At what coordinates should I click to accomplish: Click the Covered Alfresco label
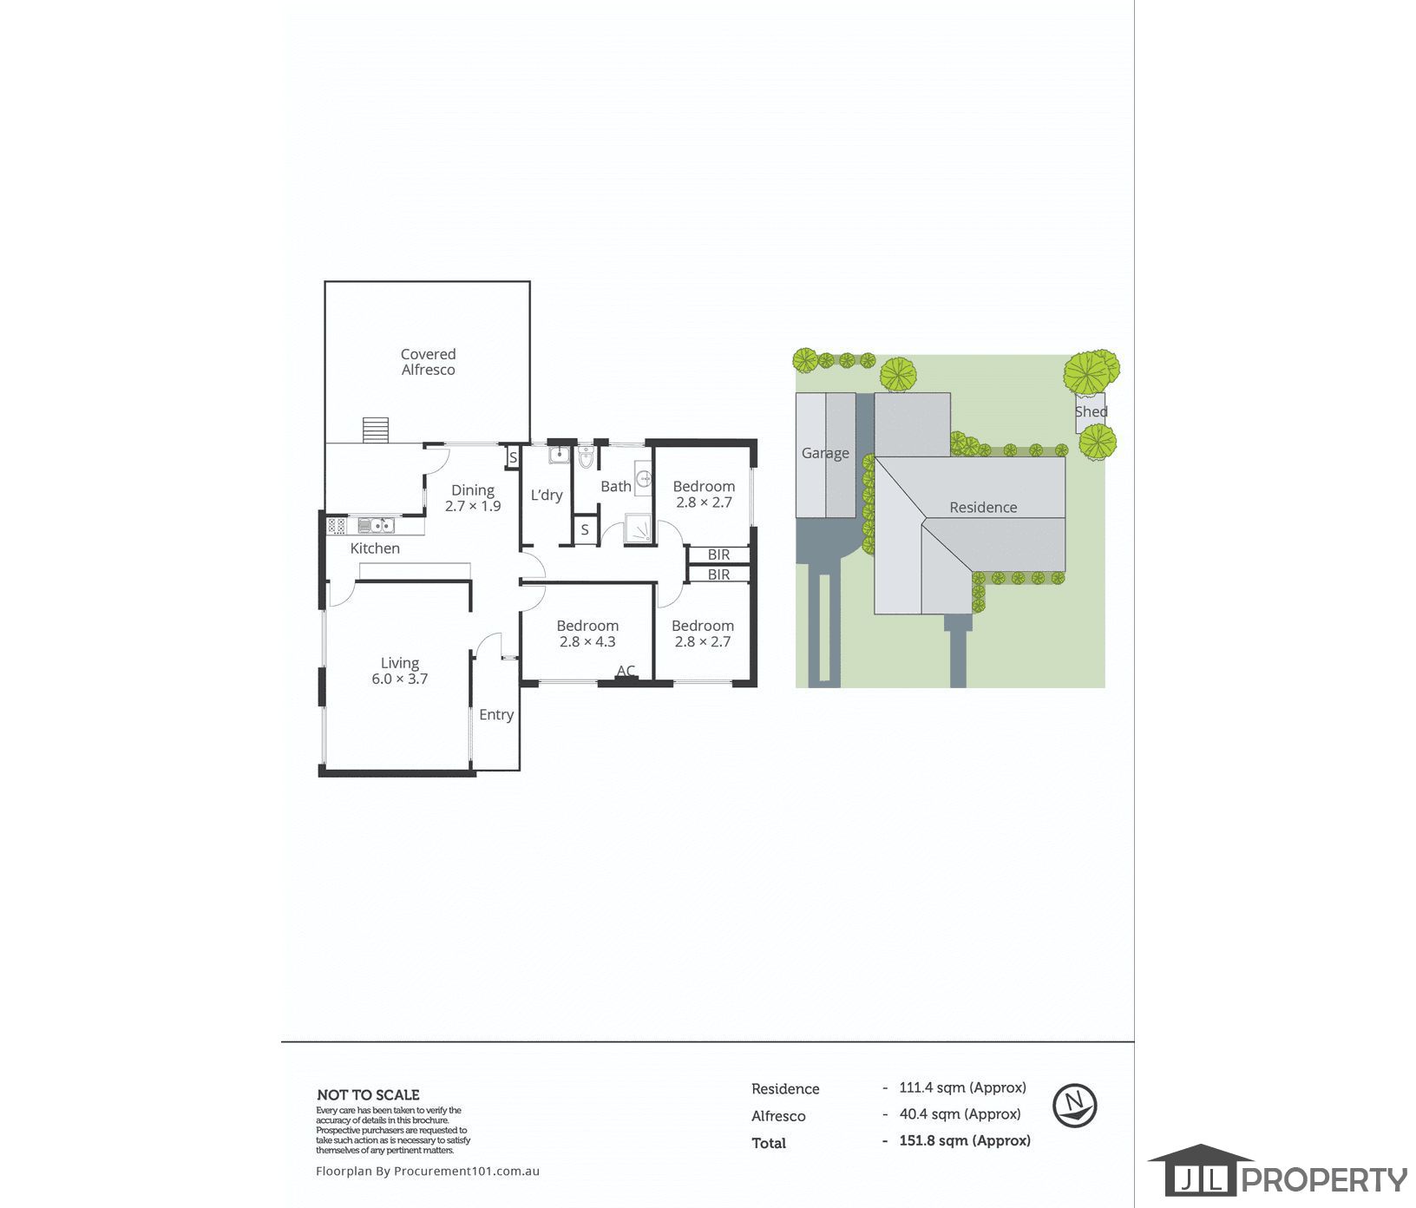coord(428,362)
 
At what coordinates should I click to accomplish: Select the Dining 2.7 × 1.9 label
coord(473,498)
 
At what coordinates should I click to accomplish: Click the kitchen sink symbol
coord(376,525)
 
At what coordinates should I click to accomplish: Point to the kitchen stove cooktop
coord(337,525)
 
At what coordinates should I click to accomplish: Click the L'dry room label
coord(547,496)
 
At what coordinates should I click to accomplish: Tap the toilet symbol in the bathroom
coord(586,456)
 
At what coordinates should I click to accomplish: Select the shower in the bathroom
coord(638,528)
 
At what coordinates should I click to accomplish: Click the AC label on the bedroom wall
coord(626,671)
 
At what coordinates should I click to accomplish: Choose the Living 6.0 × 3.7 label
coord(400,671)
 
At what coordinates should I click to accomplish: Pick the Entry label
coord(496,715)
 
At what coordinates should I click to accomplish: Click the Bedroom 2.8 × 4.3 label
coord(587,634)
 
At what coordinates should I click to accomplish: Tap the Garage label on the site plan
coord(825,453)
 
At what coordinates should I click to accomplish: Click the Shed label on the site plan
coord(1091,412)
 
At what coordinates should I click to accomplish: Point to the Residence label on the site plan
coord(983,508)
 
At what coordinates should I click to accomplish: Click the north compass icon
coord(1075,1106)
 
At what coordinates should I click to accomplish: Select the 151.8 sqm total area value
coord(965,1141)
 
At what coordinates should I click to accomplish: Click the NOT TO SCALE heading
coord(368,1095)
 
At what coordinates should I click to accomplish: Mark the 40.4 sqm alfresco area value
coord(960,1114)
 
